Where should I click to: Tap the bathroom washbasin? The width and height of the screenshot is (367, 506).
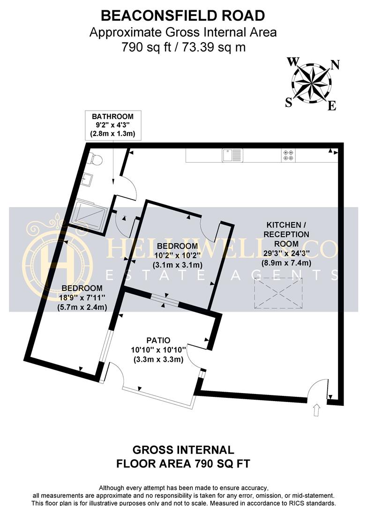click(86, 179)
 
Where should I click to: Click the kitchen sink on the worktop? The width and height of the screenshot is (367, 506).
click(232, 155)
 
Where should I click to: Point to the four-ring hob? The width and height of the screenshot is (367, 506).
click(288, 155)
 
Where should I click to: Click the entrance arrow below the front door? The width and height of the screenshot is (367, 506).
click(316, 410)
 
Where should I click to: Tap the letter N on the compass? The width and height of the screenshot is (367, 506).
click(336, 65)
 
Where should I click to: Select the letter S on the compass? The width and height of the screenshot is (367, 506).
click(289, 103)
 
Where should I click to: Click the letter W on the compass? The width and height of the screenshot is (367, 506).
click(293, 61)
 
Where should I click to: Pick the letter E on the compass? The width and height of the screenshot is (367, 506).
click(332, 105)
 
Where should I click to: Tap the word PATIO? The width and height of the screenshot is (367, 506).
click(158, 340)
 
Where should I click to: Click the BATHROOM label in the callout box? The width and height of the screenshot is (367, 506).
click(112, 117)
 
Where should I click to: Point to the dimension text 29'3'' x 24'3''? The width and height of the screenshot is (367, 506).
click(286, 253)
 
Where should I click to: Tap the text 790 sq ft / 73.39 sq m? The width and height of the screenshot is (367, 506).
click(183, 47)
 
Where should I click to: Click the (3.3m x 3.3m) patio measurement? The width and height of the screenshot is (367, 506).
click(158, 359)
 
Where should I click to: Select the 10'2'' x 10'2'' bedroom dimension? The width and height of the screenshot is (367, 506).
click(177, 255)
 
